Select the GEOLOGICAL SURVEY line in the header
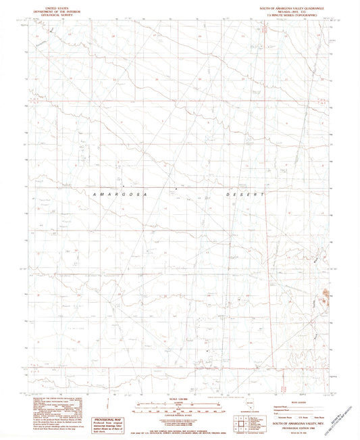[57, 16]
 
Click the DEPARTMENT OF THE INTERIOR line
[57, 12]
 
